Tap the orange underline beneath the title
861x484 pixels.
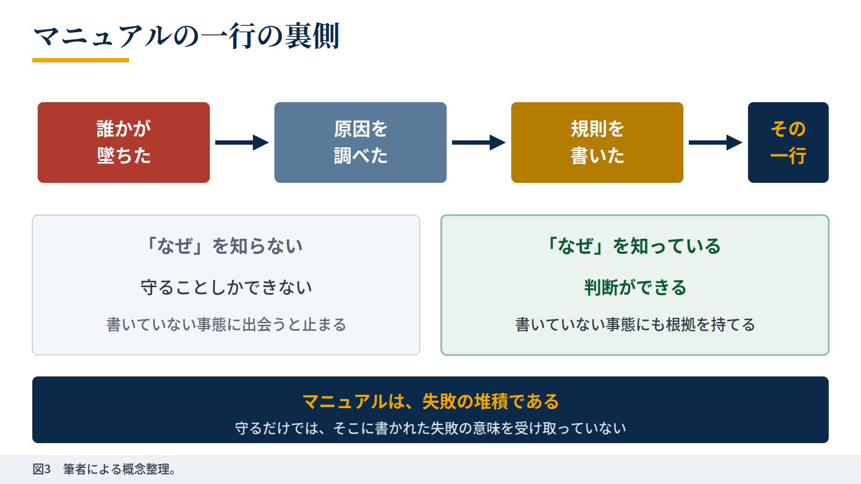[x=81, y=60]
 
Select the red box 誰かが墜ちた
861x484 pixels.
[x=124, y=143]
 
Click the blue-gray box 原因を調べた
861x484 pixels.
[x=361, y=143]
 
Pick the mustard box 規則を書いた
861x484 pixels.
[x=597, y=143]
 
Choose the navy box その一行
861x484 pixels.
[x=788, y=143]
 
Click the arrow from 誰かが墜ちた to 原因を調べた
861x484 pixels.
[x=242, y=143]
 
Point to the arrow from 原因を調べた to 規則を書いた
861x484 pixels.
[x=478, y=143]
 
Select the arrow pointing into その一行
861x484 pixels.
[x=715, y=143]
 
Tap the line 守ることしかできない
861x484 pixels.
[x=226, y=287]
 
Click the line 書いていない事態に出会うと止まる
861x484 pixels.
[x=226, y=325]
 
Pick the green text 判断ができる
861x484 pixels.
[x=635, y=287]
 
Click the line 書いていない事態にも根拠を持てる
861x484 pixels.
[x=635, y=325]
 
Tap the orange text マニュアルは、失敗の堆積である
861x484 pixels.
[x=430, y=401]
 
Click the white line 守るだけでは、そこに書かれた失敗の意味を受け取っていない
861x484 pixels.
[x=430, y=428]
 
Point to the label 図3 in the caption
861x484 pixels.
[x=41, y=469]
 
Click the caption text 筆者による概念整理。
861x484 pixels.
[x=120, y=469]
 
